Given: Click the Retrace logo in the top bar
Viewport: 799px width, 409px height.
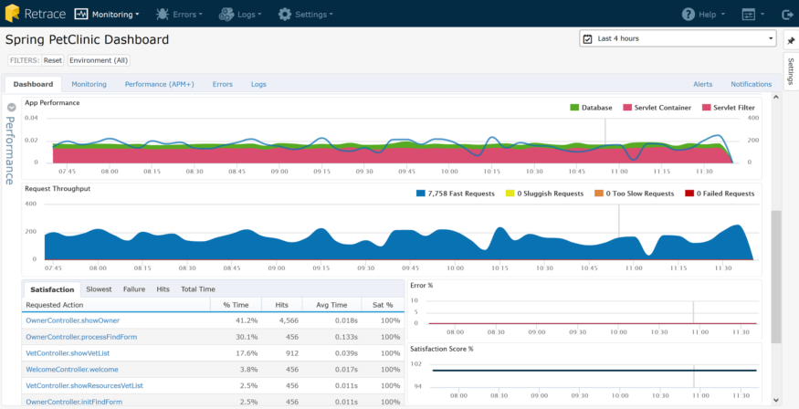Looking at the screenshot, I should (x=33, y=14).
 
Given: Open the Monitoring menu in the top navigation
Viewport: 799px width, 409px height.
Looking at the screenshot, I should (x=107, y=15).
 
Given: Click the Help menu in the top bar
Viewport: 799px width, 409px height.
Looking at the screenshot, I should (x=703, y=15).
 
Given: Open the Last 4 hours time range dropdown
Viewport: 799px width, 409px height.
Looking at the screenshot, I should (x=678, y=39).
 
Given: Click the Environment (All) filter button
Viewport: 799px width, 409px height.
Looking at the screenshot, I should (x=99, y=60).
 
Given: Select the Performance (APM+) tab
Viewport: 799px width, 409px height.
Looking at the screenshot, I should (x=159, y=84).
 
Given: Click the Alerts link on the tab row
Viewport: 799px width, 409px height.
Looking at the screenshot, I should (x=702, y=84).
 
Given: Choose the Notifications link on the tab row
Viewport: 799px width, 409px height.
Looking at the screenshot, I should (x=751, y=84).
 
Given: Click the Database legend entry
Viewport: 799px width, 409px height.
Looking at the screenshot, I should (x=591, y=108).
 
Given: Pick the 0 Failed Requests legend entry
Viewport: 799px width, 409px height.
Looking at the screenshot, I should (x=720, y=194).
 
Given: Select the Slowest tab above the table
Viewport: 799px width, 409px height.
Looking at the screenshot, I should (x=99, y=289).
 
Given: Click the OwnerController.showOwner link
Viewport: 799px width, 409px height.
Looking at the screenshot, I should (x=72, y=320).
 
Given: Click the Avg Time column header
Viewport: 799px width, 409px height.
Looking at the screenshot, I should (x=332, y=305).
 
